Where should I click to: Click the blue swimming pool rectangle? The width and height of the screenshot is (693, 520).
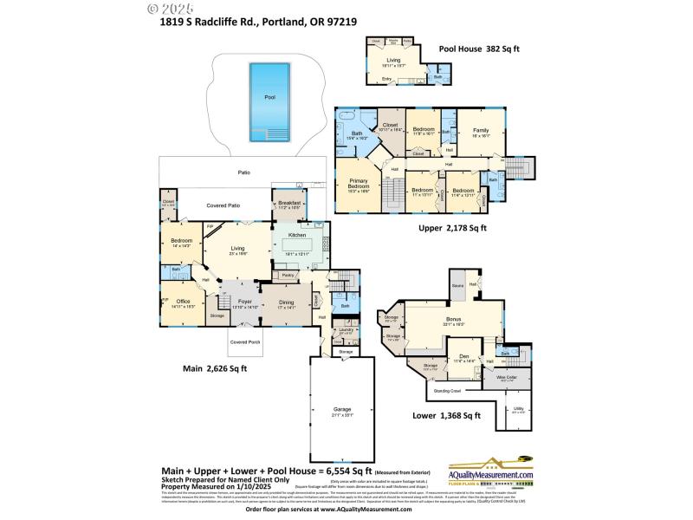coord(269,102)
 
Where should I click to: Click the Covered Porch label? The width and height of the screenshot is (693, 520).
coord(244,342)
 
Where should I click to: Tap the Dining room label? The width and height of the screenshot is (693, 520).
coord(287,304)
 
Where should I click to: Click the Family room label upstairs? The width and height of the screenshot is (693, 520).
coord(480,133)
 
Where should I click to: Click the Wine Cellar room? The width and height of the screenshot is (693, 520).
coord(506,378)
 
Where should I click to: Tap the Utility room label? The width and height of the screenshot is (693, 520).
coord(518,411)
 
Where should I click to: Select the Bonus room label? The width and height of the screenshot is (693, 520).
coord(454,322)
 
